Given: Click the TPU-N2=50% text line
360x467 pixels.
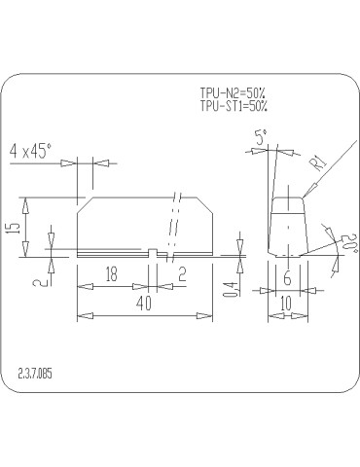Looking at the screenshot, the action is (x=233, y=93).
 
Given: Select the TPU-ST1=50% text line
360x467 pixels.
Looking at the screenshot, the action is (x=234, y=106).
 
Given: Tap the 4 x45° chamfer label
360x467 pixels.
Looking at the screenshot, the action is (x=31, y=151).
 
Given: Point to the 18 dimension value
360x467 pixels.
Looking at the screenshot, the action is (x=111, y=274).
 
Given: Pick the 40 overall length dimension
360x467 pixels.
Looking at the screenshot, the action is (x=144, y=304).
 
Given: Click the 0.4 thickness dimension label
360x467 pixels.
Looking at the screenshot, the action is (x=233, y=290).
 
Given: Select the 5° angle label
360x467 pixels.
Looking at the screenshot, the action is (x=261, y=137).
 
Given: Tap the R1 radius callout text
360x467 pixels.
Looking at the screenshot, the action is (x=320, y=162).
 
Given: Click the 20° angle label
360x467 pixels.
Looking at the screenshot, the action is (x=349, y=243).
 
